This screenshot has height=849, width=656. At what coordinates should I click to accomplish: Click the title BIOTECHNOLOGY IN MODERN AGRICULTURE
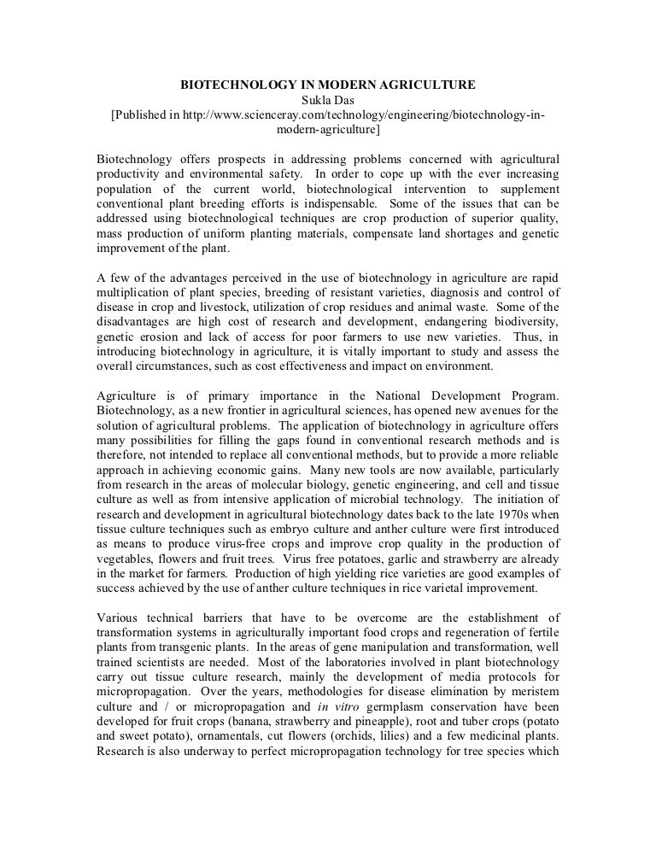click(x=327, y=85)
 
